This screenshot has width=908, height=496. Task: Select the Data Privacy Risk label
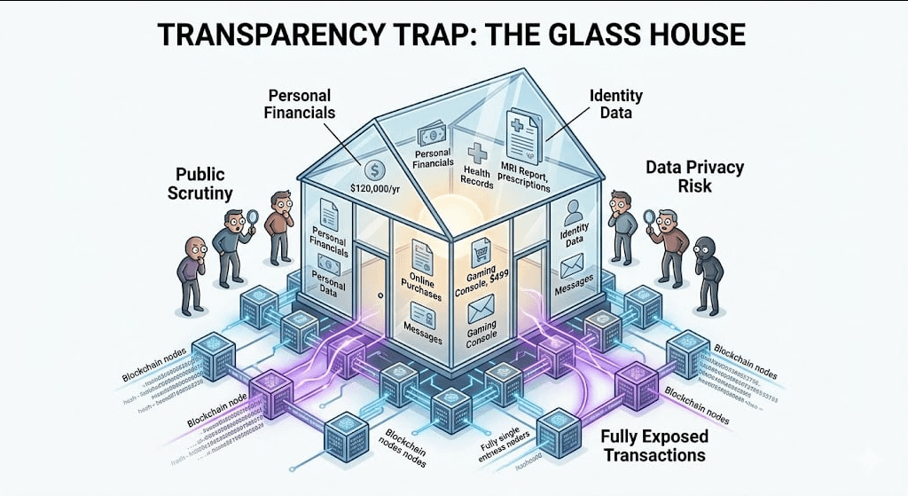(x=694, y=176)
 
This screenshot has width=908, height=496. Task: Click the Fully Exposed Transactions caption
(x=654, y=445)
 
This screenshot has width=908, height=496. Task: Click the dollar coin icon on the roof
(x=372, y=166)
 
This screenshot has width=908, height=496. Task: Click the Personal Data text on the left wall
(x=327, y=287)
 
